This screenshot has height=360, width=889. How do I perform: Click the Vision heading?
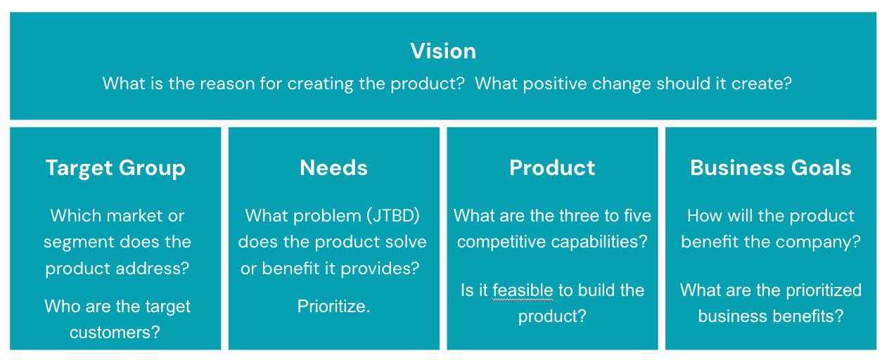(443, 51)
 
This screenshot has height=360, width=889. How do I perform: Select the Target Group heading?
(115, 168)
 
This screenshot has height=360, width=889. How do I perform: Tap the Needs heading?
(333, 168)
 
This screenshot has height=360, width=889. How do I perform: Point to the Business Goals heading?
(770, 168)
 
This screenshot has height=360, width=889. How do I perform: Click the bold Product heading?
(552, 168)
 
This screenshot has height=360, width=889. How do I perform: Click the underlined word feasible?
(523, 290)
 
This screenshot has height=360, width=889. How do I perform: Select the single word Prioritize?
(333, 307)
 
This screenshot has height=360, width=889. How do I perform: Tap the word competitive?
(501, 243)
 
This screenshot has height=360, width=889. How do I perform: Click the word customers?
(115, 333)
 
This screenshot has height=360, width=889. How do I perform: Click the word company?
(822, 243)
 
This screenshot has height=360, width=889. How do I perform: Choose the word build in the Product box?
(590, 290)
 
